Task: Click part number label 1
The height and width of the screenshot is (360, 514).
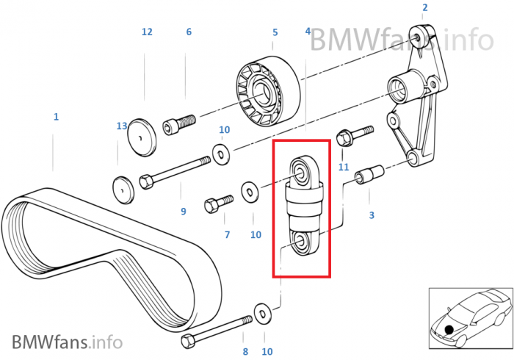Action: [x=56, y=117]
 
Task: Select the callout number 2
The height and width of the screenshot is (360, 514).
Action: [x=424, y=8]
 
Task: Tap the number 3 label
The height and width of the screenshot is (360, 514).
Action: [x=372, y=215]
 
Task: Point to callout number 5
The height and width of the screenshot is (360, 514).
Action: [x=275, y=32]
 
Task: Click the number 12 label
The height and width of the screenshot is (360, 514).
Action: [x=147, y=32]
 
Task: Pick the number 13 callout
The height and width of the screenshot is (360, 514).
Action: [x=122, y=126]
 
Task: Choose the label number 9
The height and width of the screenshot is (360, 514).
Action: [x=183, y=212]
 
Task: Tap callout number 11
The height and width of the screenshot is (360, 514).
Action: [x=343, y=168]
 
